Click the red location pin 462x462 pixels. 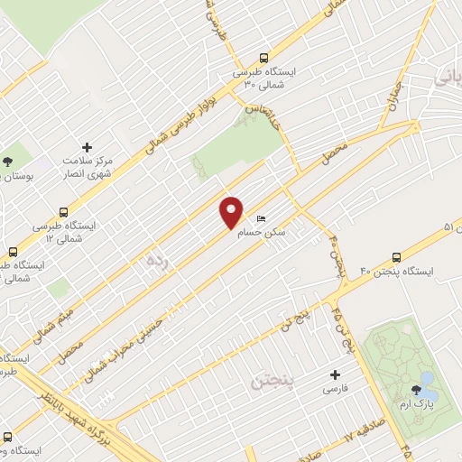point(232,211)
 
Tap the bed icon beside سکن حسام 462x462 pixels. point(261,218)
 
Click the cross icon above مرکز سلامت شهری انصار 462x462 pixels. point(87,146)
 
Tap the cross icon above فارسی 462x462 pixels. point(336,374)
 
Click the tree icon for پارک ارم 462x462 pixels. point(416,390)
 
